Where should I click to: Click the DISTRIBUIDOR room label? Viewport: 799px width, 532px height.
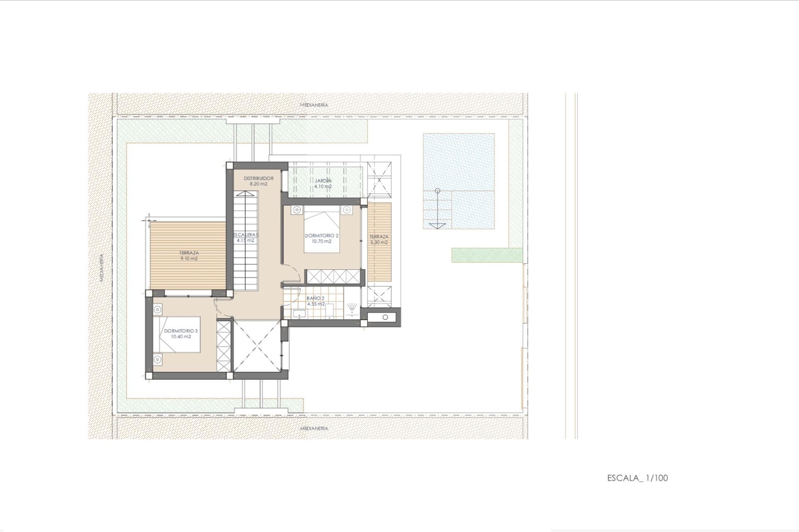click(258, 178)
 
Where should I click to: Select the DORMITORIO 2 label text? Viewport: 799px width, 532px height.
click(322, 235)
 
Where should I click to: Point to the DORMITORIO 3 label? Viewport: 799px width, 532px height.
click(181, 331)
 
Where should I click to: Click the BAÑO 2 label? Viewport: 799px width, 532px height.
click(315, 298)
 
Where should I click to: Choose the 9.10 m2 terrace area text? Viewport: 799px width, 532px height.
click(189, 258)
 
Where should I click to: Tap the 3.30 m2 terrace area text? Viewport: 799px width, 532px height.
click(379, 242)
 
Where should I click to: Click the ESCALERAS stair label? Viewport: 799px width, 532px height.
click(246, 235)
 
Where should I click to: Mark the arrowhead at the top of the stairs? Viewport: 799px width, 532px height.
click(246, 193)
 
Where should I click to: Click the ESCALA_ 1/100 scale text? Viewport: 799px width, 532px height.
click(637, 478)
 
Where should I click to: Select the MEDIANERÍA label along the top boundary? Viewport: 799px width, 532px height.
click(314, 105)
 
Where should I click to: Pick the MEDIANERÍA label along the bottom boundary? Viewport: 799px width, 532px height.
click(314, 428)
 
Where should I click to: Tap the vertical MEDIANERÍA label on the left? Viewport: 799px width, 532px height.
click(102, 268)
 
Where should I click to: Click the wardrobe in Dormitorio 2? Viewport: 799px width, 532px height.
click(332, 276)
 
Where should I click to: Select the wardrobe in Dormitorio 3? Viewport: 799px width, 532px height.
click(223, 345)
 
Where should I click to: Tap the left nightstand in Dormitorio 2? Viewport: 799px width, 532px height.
click(296, 210)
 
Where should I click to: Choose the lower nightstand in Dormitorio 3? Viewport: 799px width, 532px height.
click(157, 359)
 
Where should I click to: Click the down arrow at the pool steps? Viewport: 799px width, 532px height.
click(437, 225)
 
